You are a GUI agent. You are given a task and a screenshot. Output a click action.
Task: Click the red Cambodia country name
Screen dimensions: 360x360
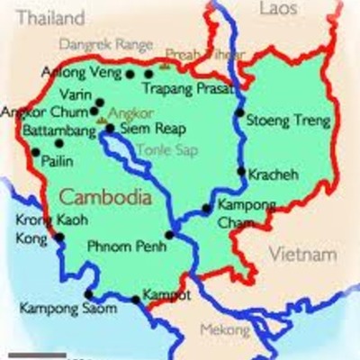pos(98,196)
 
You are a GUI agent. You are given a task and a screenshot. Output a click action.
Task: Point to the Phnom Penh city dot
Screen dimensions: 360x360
pos(168,236)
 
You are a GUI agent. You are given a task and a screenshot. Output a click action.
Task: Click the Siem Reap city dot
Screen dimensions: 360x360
pos(110,129)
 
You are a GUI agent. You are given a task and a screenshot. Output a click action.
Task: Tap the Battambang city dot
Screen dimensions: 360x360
pos(59,142)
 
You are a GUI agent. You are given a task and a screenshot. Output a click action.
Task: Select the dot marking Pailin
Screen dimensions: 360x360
pos(36,151)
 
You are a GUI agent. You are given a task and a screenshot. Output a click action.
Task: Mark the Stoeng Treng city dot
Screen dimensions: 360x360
pos(239,114)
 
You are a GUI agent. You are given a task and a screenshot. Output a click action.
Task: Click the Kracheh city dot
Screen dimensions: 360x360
pos(240,171)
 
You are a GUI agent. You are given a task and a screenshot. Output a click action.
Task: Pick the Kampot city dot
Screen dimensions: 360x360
pos(135,299)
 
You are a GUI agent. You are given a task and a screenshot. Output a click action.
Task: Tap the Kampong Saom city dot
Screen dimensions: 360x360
pos(88,294)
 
